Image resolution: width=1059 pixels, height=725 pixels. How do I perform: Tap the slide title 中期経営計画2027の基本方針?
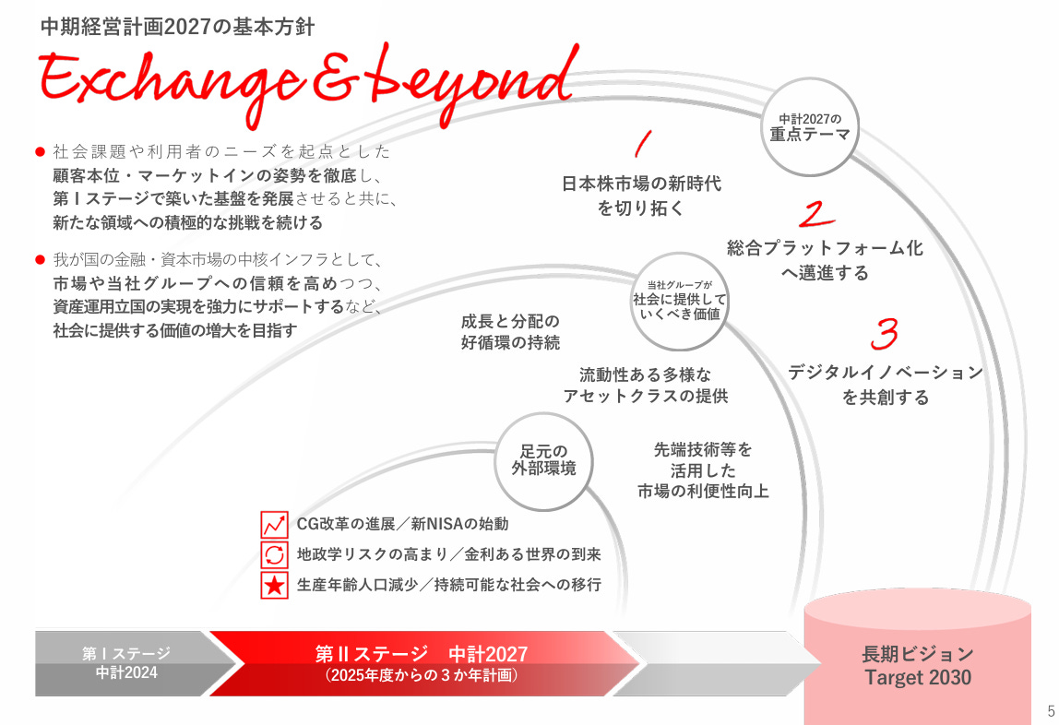(x=177, y=27)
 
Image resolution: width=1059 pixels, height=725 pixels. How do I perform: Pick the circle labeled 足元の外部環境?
(x=543, y=459)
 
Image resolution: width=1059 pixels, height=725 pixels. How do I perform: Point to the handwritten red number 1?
(x=643, y=144)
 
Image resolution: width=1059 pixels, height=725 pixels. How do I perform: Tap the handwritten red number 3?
(x=885, y=334)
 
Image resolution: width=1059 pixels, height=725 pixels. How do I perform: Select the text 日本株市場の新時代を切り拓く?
(x=641, y=196)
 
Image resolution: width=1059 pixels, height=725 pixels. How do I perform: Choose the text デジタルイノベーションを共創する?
(x=885, y=385)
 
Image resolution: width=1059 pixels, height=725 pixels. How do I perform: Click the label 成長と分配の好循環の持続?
(x=510, y=332)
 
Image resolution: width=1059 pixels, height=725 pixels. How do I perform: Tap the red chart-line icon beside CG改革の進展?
(x=275, y=524)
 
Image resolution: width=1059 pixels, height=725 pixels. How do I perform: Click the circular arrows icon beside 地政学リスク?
(x=275, y=554)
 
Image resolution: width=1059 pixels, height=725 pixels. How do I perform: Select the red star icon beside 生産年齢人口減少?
(x=275, y=585)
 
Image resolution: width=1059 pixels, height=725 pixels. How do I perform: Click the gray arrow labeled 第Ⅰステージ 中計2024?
(x=126, y=663)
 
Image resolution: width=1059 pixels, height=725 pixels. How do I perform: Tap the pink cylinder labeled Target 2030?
(x=917, y=660)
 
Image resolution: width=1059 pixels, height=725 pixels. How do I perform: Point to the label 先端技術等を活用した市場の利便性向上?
(x=703, y=470)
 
